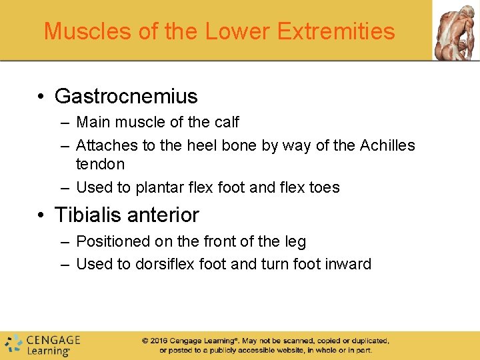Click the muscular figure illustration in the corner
pos(456,31)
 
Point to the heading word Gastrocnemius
pos(126,97)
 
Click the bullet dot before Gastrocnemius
pos(41,97)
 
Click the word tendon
pos(100,164)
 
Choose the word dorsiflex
pos(164,264)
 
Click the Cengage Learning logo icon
pos(13,343)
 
